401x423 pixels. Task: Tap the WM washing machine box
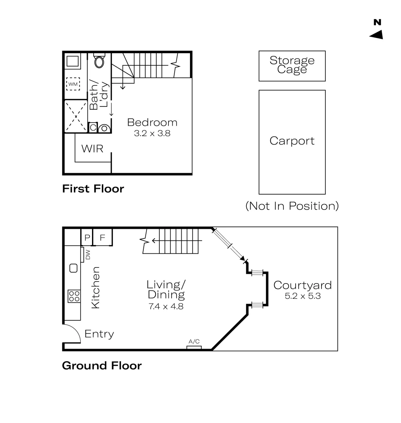coord(73,84)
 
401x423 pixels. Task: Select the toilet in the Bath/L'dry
coord(99,61)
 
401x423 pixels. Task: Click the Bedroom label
coord(152,123)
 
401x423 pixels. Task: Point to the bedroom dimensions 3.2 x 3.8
coord(152,133)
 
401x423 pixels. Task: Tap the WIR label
coord(92,149)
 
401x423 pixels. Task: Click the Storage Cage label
coord(292,65)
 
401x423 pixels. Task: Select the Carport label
coord(292,141)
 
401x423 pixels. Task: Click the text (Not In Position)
coord(292,206)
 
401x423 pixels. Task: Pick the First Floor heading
coord(93,188)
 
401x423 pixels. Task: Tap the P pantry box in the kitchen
coord(87,237)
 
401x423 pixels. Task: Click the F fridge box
coord(103,237)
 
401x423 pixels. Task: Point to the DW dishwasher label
coord(88,255)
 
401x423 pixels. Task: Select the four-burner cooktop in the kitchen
coord(74,296)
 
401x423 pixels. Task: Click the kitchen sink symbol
coord(74,268)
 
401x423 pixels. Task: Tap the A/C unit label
coord(194,342)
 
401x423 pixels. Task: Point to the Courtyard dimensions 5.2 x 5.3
coord(303,296)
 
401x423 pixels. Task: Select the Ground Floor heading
coord(102,366)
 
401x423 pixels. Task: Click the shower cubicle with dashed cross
coord(76,117)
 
